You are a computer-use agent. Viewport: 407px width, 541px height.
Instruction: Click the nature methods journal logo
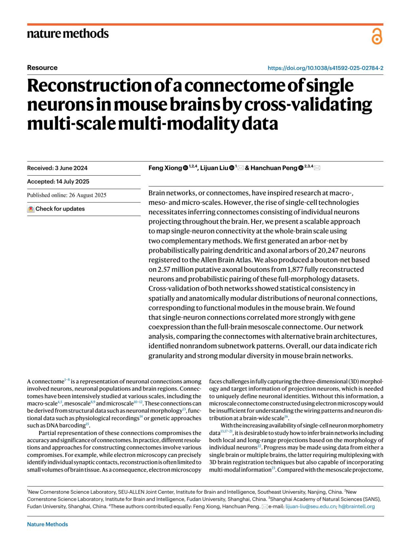click(x=68, y=34)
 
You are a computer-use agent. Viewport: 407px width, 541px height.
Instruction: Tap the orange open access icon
click(x=377, y=36)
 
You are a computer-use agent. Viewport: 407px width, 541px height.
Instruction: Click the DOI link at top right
click(x=325, y=68)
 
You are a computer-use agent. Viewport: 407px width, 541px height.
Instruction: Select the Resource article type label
click(x=42, y=68)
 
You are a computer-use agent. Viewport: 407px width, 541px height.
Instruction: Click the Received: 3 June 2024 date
click(x=57, y=168)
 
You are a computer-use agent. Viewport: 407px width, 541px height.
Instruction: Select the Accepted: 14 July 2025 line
click(x=58, y=182)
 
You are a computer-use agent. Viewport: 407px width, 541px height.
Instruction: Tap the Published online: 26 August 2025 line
click(x=67, y=195)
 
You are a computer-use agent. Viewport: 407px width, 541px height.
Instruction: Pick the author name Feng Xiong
click(x=165, y=168)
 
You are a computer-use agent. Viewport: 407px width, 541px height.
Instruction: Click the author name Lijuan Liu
click(x=214, y=168)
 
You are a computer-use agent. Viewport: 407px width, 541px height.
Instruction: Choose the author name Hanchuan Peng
click(x=274, y=168)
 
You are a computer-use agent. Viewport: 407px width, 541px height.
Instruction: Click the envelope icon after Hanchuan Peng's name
click(x=317, y=168)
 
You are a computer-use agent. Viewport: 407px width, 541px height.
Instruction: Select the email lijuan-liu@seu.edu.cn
click(x=310, y=506)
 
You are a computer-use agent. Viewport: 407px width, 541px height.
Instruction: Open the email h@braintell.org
click(x=356, y=506)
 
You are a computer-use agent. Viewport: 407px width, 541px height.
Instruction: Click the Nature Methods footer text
click(x=47, y=524)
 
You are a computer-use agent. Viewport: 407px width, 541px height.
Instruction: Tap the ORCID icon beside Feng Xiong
click(x=186, y=168)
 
